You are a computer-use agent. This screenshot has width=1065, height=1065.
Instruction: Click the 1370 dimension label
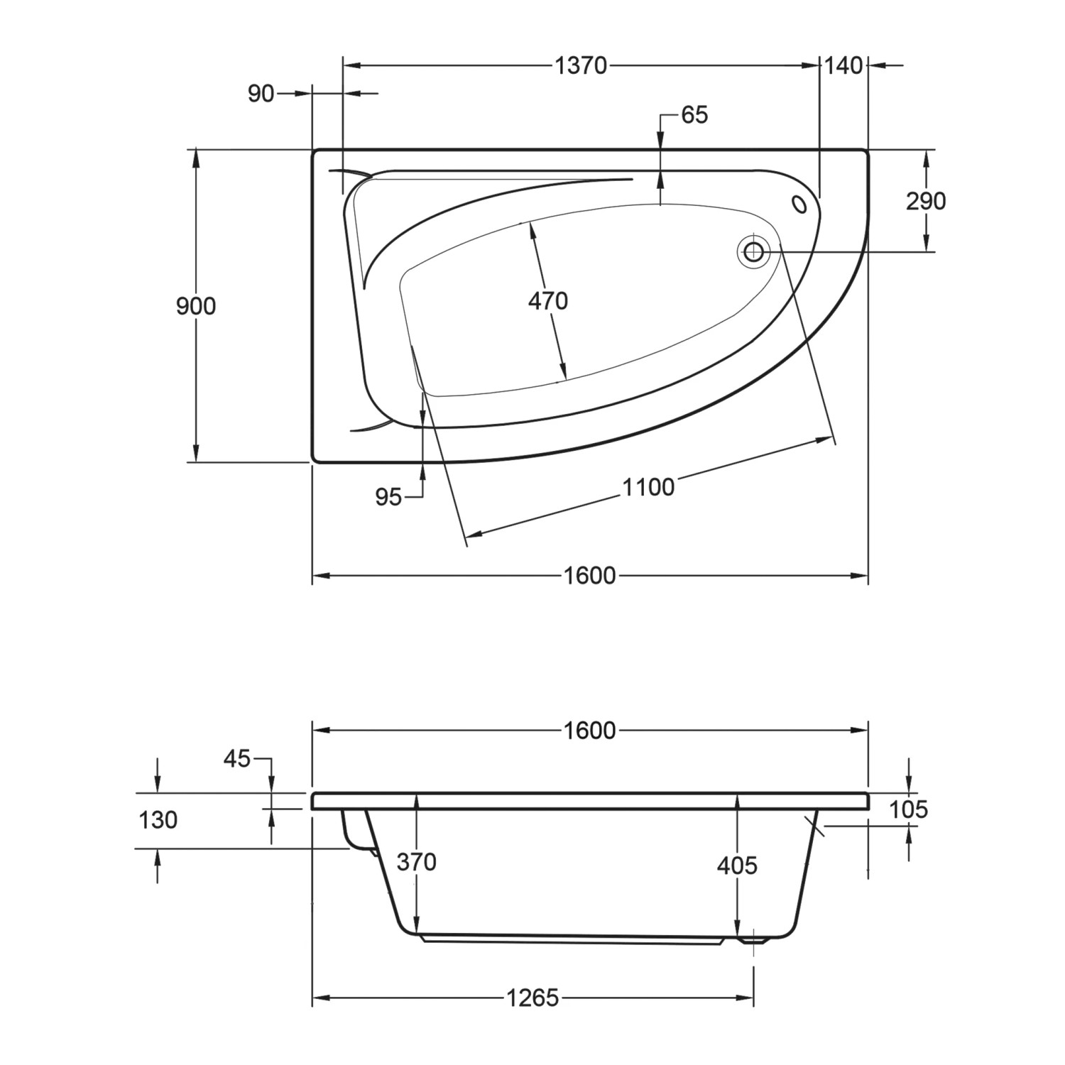pyautogui.click(x=581, y=65)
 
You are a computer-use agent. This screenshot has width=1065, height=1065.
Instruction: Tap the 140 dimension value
pyautogui.click(x=843, y=65)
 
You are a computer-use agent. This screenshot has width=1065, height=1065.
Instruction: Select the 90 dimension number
pyautogui.click(x=261, y=93)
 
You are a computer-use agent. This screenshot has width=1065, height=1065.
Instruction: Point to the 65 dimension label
pyautogui.click(x=694, y=115)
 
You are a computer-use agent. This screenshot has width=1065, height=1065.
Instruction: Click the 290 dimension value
pyautogui.click(x=926, y=202)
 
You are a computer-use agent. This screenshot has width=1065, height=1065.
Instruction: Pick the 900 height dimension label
pyautogui.click(x=196, y=307)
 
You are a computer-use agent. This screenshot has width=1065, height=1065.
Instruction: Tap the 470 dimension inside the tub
pyautogui.click(x=548, y=301)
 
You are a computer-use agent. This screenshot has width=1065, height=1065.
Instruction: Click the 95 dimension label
pyautogui.click(x=388, y=498)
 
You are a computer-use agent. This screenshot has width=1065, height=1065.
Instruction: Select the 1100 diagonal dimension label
pyautogui.click(x=648, y=488)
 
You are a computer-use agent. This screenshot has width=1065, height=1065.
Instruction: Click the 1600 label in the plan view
pyautogui.click(x=589, y=575)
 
